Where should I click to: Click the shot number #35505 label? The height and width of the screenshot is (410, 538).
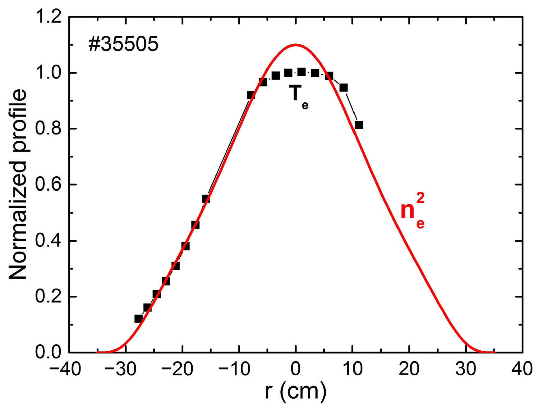pos(123,44)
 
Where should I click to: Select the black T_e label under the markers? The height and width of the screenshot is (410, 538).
pos(299,96)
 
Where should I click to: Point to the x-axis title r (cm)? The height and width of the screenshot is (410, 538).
pos(296,391)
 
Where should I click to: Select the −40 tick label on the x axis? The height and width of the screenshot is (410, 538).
pos(65,369)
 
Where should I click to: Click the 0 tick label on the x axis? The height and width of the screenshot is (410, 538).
pos(296,369)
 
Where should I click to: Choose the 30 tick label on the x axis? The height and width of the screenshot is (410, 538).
pos(466,369)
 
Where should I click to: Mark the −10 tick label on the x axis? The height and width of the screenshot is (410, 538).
pos(235,369)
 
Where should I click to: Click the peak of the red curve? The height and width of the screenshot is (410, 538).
pos(296,45)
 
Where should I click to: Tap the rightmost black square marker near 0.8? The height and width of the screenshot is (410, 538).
pos(359,125)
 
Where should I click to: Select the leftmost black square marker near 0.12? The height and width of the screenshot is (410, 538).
pos(138,318)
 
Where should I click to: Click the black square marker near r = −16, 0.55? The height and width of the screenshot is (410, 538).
pos(206,199)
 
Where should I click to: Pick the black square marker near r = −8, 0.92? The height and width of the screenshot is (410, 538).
pos(251,95)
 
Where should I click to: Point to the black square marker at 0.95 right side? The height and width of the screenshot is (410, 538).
pos(343,88)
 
